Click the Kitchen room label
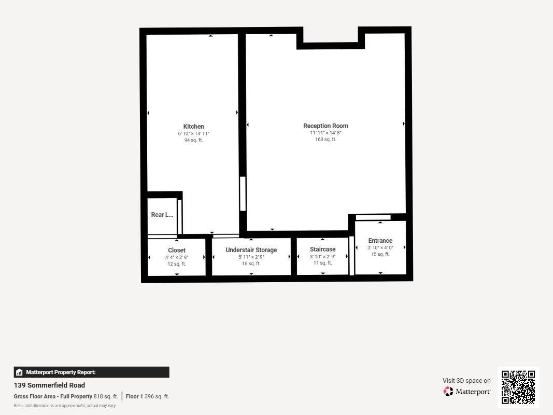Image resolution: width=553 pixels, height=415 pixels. [193, 127]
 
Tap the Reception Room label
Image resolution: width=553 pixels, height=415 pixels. [325, 126]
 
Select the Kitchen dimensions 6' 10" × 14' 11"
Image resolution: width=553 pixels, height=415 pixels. [193, 134]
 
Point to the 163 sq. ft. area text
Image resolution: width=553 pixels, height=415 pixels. [325, 140]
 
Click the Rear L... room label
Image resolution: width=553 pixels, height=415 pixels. [162, 215]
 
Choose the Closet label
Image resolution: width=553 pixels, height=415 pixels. [177, 250]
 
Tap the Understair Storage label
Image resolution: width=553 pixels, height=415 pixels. [251, 250]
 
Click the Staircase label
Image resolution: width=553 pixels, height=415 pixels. [323, 249]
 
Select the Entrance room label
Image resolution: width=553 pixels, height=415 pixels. [380, 240]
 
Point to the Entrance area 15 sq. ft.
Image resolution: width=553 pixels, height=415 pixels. [380, 254]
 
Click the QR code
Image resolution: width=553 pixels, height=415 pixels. [518, 387]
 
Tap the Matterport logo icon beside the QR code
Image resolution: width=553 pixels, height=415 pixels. [448, 391]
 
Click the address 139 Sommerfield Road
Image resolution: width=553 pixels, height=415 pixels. [49, 385]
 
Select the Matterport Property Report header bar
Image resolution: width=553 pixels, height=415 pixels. [91, 372]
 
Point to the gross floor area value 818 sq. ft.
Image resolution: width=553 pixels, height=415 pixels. [106, 396]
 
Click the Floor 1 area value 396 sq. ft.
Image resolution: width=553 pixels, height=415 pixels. [157, 396]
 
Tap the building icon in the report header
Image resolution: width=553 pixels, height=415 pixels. [19, 372]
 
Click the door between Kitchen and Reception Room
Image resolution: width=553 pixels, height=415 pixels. [243, 193]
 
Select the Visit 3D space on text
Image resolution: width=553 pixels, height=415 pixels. [466, 380]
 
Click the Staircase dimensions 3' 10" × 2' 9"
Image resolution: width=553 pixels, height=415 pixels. [323, 257]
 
